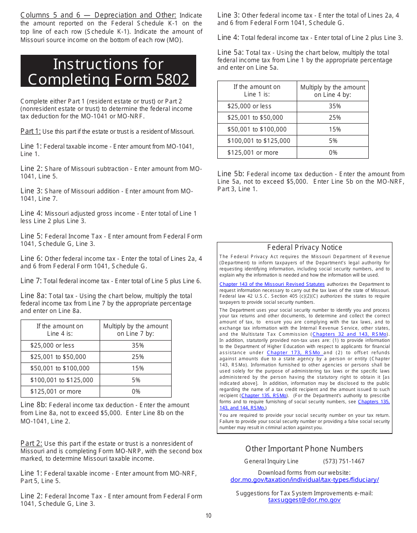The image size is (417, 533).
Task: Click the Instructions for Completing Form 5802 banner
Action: [x=108, y=71]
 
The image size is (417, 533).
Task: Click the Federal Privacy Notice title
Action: [x=305, y=248]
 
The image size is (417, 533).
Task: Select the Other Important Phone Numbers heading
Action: [x=304, y=449]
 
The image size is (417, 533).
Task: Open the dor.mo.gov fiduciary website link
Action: [x=305, y=480]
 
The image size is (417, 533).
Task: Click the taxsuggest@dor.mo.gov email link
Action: [x=304, y=500]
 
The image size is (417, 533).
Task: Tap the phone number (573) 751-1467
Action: [x=344, y=461]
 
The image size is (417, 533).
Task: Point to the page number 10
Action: [x=208, y=515]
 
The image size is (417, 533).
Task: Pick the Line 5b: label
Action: [x=231, y=174]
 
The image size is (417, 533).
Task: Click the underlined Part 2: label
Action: [x=31, y=444]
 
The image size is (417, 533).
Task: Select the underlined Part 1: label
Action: [x=31, y=131]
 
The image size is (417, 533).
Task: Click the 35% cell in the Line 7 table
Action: [x=136, y=345]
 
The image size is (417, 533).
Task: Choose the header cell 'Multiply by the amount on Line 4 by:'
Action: [x=333, y=91]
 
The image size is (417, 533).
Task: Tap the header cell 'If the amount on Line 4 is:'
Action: [x=60, y=330]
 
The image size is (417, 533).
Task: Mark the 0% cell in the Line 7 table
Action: [x=136, y=391]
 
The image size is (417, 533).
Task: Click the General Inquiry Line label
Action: [x=271, y=461]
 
